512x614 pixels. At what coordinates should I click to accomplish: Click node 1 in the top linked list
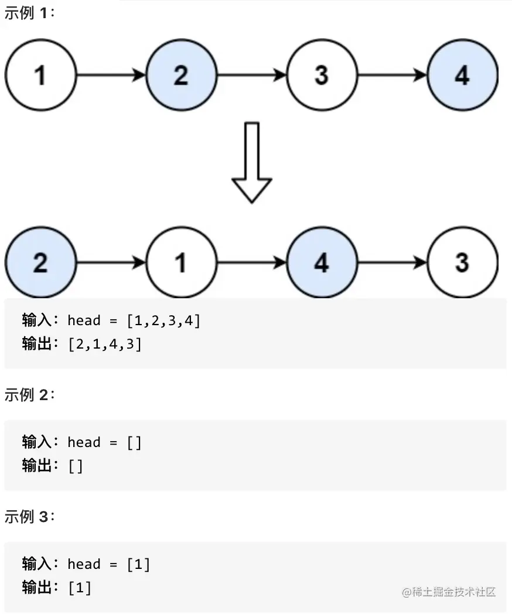[x=40, y=75]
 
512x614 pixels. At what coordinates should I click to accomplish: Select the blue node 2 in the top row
[x=181, y=75]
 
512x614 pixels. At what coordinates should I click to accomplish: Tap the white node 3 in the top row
[x=322, y=75]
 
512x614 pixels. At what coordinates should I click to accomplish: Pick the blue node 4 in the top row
[x=462, y=75]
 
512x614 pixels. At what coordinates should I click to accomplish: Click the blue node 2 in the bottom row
[x=40, y=263]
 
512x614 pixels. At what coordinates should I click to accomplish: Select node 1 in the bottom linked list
[x=181, y=263]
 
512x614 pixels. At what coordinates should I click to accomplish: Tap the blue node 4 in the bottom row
[x=322, y=263]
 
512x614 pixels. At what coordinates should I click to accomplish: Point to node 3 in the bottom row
[x=462, y=263]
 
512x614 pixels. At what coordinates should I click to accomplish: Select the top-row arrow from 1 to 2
[x=111, y=75]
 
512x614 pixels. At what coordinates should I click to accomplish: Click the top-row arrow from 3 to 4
[x=392, y=75]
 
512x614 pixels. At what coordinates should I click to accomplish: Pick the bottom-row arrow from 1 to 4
[x=252, y=263]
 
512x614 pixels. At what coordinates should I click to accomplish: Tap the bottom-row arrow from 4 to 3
[x=392, y=263]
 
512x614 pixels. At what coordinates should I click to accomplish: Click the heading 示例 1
[x=29, y=13]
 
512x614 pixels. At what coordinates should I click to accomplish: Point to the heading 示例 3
[x=29, y=517]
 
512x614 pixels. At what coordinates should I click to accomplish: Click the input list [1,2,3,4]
[x=163, y=320]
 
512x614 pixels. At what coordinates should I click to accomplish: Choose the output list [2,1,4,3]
[x=105, y=344]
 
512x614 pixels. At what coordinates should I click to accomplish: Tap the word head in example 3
[x=84, y=564]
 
